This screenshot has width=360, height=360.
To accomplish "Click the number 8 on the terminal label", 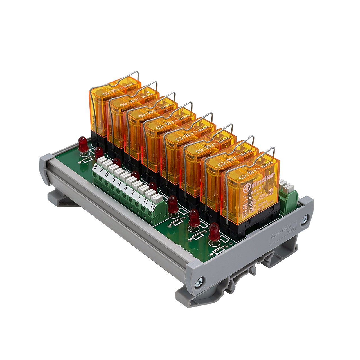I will click(x=95, y=168).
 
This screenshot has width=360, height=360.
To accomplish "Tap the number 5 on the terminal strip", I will click(x=113, y=179).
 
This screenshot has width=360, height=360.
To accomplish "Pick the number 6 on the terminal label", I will click(x=107, y=175).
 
